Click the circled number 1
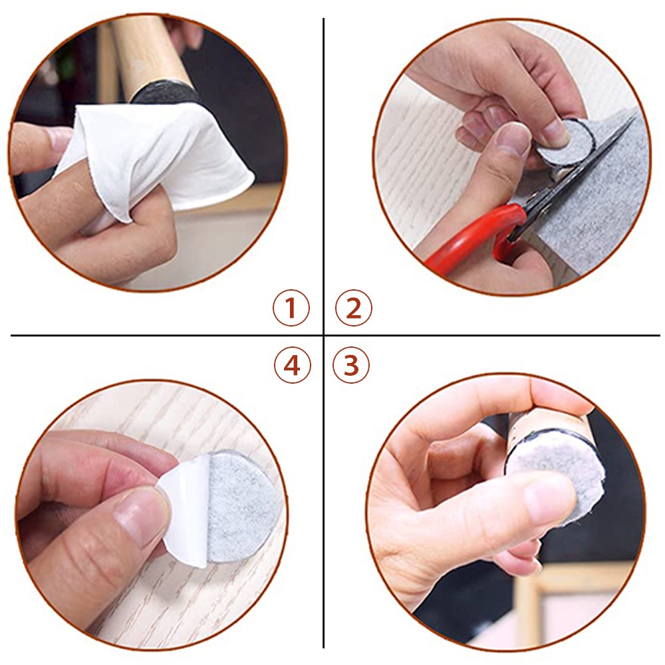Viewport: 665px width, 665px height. pos(291,308)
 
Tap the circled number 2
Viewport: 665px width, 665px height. pos(353,308)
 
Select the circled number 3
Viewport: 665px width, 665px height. pos(350,365)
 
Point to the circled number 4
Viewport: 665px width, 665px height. pos(292,365)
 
